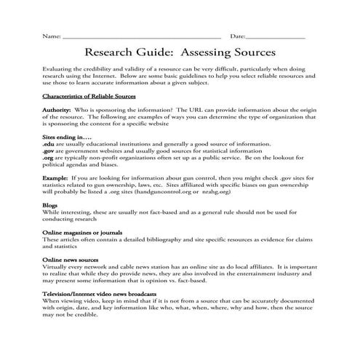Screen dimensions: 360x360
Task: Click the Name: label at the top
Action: click(52, 36)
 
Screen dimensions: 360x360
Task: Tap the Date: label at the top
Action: click(238, 36)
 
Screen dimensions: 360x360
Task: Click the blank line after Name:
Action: click(142, 37)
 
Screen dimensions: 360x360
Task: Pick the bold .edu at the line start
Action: click(49, 144)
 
